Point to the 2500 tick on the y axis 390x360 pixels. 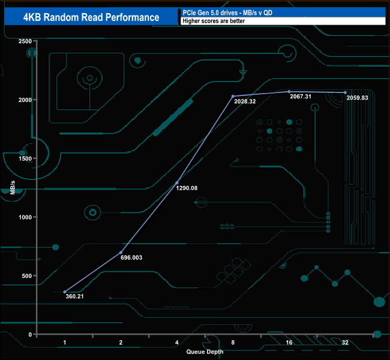[x=25, y=41]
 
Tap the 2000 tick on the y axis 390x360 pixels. [x=25, y=100]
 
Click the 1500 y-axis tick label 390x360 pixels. [x=25, y=158]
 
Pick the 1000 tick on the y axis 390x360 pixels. [x=25, y=217]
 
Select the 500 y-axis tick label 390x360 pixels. [x=26, y=276]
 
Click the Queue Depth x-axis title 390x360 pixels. [x=205, y=352]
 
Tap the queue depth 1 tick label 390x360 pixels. [x=65, y=343]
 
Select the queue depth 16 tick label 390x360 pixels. [x=289, y=343]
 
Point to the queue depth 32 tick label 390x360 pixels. [x=345, y=343]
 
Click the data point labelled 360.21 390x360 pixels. [x=65, y=292]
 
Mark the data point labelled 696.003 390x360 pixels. [x=121, y=252]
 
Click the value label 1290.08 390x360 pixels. [x=187, y=188]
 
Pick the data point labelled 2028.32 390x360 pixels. [x=233, y=96]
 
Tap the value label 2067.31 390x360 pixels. [x=301, y=97]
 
